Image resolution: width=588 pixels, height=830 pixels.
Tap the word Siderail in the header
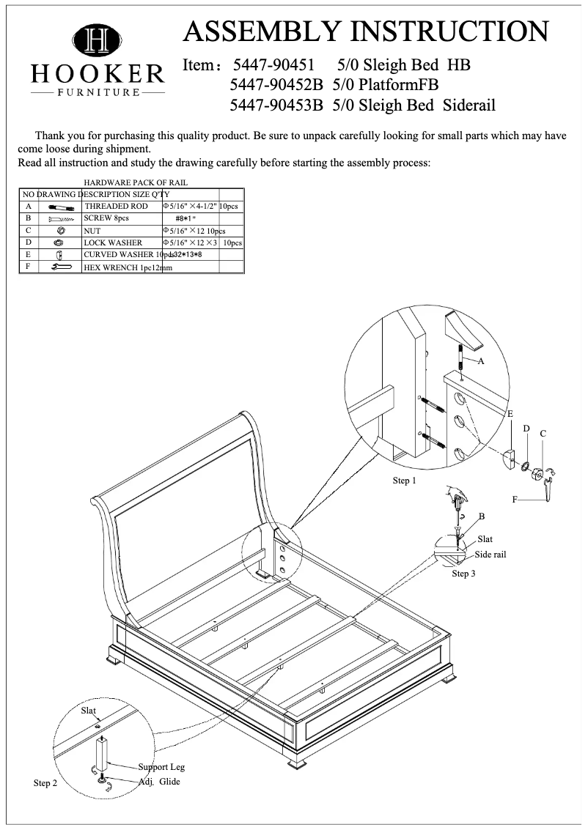(x=469, y=105)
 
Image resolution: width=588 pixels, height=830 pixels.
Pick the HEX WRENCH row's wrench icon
(x=61, y=267)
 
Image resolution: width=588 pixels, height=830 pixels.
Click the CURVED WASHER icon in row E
(x=59, y=255)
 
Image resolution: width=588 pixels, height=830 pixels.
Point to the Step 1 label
(x=404, y=481)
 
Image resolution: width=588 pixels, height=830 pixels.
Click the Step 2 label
(x=45, y=784)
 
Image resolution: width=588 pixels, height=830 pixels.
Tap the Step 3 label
(x=463, y=574)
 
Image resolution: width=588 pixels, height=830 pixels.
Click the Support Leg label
(x=161, y=767)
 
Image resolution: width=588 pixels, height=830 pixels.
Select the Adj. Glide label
(x=160, y=782)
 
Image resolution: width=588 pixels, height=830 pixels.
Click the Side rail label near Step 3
(x=490, y=555)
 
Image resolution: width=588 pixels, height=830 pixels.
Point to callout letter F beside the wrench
(x=515, y=499)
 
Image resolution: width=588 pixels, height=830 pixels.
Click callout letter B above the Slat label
(x=482, y=516)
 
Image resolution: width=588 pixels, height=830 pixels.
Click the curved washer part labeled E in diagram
(x=511, y=459)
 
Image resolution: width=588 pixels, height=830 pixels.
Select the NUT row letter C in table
(x=27, y=230)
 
